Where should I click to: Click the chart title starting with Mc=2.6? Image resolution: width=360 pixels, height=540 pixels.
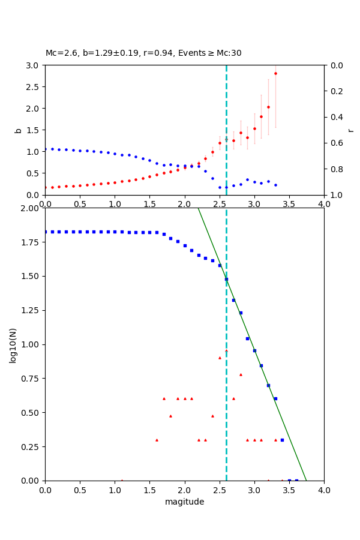pos(143,53)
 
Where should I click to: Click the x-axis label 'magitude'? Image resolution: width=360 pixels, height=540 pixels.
pos(184,502)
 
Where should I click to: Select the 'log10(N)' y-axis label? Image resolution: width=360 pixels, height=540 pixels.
pos(13,344)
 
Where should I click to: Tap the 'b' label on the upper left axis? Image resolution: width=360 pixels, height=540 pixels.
pos(18,130)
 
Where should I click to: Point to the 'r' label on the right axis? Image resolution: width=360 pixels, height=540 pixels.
pos(350,130)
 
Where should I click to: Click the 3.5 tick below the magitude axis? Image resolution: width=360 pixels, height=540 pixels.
pos(289,490)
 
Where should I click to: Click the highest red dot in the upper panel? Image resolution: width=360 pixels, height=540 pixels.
pos(275,73)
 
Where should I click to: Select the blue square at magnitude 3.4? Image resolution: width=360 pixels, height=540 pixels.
pos(282,440)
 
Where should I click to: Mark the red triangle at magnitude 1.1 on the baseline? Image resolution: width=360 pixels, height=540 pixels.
pos(122,480)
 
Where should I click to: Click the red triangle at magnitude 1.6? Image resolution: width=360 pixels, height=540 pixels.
pos(157,440)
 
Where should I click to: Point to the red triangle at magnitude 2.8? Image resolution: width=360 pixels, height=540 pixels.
pos(241,374)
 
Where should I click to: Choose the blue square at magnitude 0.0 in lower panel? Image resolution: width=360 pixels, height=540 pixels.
pos(46,232)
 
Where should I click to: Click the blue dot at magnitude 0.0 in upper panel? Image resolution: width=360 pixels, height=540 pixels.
pos(46,149)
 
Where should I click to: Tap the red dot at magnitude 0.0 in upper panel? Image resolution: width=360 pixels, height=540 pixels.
pos(46,187)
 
